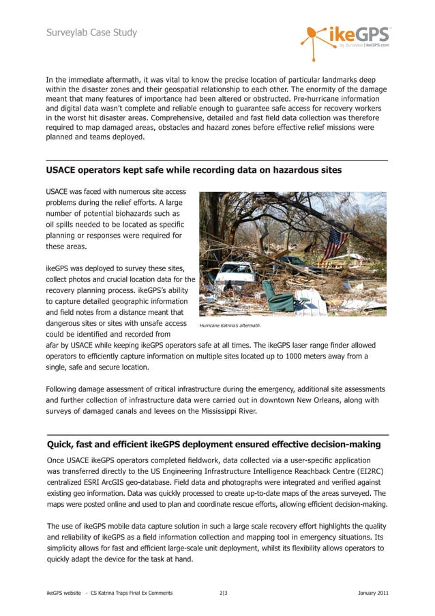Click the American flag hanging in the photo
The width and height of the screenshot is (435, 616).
coord(335,244)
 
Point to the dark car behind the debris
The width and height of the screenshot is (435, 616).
coord(294,262)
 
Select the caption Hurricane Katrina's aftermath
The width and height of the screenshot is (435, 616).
coord(226,326)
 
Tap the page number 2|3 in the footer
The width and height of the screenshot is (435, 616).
coord(224,593)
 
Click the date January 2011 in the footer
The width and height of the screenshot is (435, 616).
coord(373,593)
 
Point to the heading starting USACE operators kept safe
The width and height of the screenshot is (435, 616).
coord(194,169)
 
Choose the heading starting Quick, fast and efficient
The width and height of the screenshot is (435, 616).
coord(213,445)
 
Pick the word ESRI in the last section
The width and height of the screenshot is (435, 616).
coord(100,482)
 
